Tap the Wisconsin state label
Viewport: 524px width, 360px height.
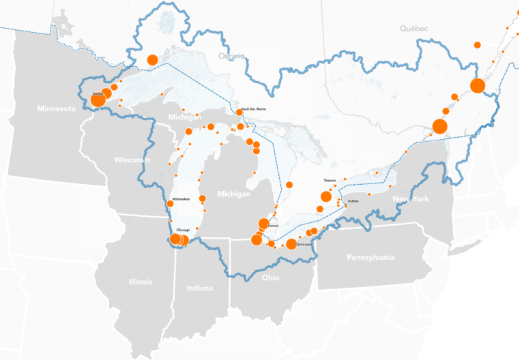132,160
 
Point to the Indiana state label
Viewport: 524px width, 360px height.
199,288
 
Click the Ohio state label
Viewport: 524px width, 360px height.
270,277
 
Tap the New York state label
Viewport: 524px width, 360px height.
410,199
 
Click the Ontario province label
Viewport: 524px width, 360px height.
231,56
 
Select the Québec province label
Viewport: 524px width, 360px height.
414,29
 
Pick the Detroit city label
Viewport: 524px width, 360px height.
272,225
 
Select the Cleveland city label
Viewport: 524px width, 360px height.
304,243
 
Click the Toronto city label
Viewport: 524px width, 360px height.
330,180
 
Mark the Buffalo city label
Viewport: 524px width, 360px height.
353,201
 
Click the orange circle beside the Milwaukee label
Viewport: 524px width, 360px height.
170,203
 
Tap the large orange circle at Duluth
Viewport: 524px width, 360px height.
98,100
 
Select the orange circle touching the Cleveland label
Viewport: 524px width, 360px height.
291,244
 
